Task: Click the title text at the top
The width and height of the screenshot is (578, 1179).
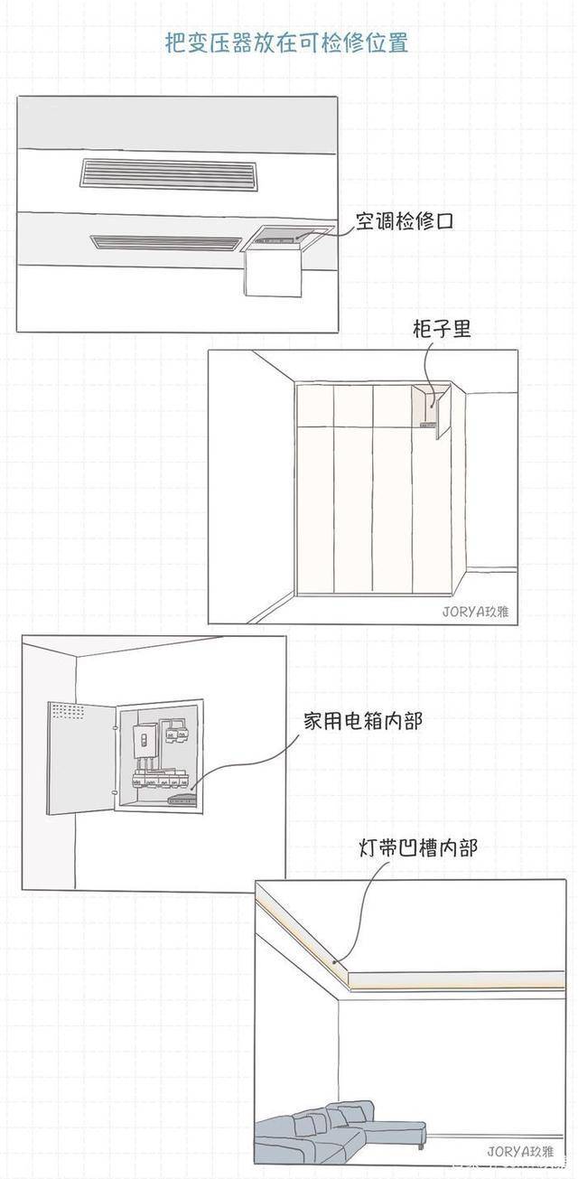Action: pos(286,42)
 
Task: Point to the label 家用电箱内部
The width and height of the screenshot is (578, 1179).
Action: pos(362,721)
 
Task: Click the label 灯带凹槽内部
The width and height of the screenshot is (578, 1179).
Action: pos(417,847)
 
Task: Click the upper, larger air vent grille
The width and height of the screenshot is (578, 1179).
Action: pos(169,173)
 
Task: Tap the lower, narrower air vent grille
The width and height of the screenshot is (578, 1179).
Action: pos(165,242)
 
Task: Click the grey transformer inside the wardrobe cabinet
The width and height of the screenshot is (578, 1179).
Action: pos(428,423)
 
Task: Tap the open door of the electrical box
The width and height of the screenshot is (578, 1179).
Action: pos(81,757)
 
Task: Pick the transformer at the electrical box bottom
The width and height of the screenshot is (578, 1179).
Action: pos(182,799)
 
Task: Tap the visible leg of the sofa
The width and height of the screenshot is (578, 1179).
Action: pos(421,1146)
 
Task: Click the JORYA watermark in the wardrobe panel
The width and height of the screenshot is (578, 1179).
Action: pos(475,612)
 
